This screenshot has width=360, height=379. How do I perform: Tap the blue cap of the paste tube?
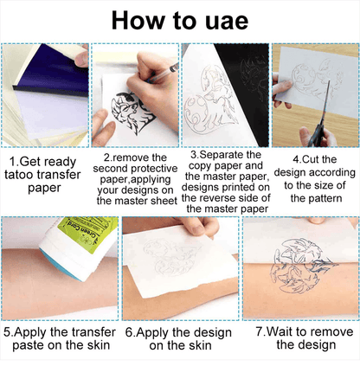click(x=61, y=266)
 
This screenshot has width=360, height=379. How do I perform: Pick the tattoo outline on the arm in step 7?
click(x=300, y=266)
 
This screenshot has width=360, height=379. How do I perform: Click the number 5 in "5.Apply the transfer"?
click(x=7, y=332)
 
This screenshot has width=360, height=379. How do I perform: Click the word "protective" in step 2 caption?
click(x=157, y=169)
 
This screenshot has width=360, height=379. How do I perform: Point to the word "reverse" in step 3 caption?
click(x=222, y=198)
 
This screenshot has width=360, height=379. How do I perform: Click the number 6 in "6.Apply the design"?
click(x=129, y=332)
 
